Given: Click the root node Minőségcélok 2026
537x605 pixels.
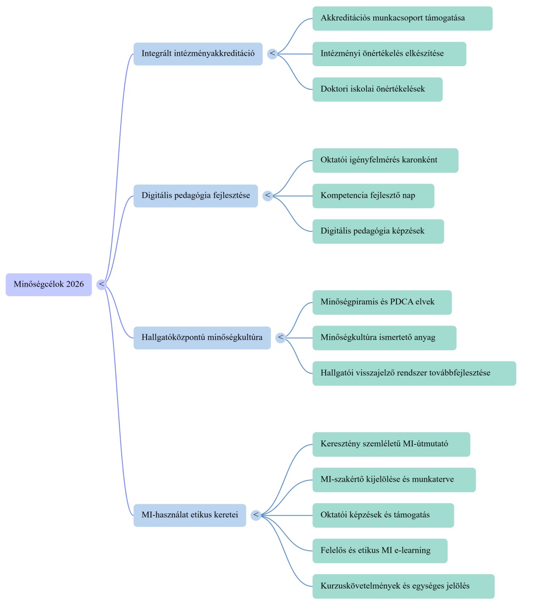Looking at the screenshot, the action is click(x=49, y=284).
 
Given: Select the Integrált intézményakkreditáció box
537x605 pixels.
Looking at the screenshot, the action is click(x=198, y=54).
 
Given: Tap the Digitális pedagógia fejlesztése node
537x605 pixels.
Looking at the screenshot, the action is click(x=195, y=196).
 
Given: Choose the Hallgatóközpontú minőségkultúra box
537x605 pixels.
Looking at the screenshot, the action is click(x=202, y=338).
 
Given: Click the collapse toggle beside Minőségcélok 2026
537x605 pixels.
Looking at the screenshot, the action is click(x=102, y=284).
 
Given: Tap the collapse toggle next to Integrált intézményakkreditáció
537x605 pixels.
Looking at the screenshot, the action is click(x=273, y=54).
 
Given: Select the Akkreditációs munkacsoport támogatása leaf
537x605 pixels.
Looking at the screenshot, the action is click(x=403, y=19).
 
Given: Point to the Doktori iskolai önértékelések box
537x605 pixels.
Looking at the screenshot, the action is click(x=377, y=90).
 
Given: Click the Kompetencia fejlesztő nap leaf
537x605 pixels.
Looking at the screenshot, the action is click(x=373, y=196).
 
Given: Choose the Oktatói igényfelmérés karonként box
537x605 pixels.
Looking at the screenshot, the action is click(x=386, y=161).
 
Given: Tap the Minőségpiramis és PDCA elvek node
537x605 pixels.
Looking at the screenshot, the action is click(x=382, y=302).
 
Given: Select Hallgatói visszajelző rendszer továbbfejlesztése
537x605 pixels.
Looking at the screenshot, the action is click(x=414, y=373).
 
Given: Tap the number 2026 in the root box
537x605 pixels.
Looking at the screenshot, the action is click(x=75, y=284).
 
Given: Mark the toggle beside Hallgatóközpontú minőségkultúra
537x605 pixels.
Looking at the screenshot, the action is click(x=281, y=338).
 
